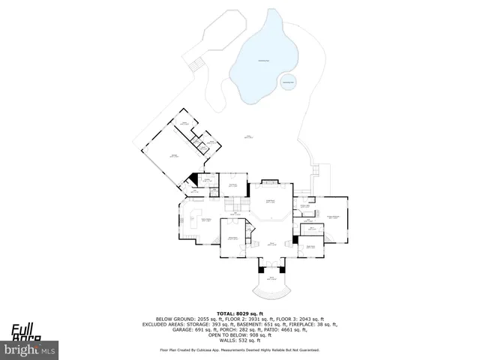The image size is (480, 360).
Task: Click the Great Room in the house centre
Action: tap(270, 202)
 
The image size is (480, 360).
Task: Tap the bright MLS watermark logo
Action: tap(29, 349)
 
